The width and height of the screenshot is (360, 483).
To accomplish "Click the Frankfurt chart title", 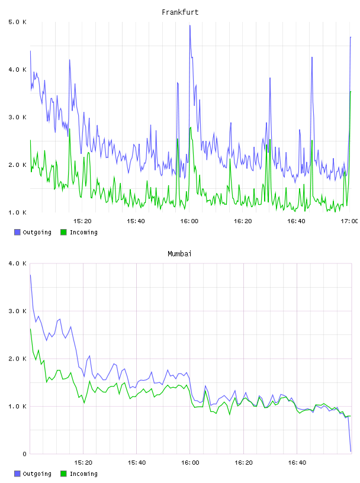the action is coord(180,12).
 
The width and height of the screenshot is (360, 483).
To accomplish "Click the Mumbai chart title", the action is coord(179,254).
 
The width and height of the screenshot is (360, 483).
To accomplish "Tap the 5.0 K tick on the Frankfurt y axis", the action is coord(18,22).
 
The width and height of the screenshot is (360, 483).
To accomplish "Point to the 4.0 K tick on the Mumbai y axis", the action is coord(18,263).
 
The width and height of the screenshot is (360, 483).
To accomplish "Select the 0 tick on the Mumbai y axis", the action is coord(25,454).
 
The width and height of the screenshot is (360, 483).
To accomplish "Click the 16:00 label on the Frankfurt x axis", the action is coord(189,221).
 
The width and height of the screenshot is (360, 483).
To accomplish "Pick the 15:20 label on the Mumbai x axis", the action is coord(83,462).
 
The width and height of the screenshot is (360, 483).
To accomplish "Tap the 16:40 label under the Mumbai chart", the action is coord(297,462).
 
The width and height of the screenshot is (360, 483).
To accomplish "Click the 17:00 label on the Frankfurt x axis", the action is coord(349,221).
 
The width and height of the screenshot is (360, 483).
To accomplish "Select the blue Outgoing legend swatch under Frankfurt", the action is coord(17,232).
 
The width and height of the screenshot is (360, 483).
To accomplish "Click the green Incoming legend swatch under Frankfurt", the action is coord(63,232).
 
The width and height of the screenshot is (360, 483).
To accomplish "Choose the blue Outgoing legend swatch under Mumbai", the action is coord(17,474).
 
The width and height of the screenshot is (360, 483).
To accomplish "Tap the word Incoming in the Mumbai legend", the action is coord(83,474).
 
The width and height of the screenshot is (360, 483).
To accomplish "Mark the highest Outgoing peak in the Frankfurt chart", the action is coord(190,25).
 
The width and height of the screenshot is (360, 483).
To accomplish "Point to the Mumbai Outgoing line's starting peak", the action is coord(30,275).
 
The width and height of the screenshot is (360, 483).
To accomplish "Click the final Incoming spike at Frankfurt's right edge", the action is coord(351,92).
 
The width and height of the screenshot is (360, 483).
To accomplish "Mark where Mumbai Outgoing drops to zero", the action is coord(351,452).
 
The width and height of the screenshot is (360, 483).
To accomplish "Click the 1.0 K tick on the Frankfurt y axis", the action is coord(18,212).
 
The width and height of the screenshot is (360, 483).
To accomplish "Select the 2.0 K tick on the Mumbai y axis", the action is coord(18,359).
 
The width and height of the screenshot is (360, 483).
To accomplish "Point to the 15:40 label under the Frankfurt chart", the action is coord(136,221).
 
